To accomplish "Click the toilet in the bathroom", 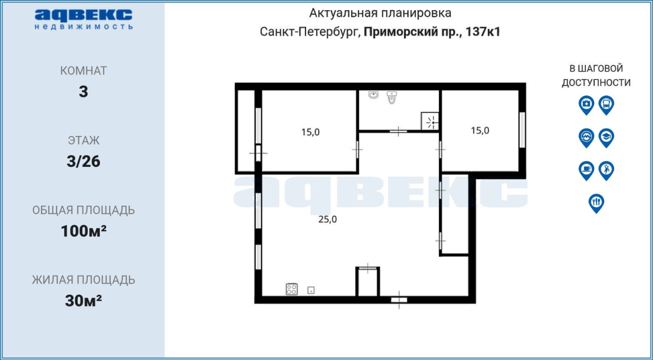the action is click(x=392, y=97).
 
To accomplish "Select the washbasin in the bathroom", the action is click(x=373, y=95).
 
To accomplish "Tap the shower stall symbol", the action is click(x=430, y=121).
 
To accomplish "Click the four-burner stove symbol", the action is click(x=292, y=289).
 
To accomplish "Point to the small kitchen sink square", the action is click(x=311, y=290).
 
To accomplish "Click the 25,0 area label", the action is click(x=328, y=219).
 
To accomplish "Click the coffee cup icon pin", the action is click(x=587, y=171).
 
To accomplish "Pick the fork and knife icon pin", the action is click(x=596, y=203).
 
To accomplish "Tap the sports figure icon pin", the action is click(x=607, y=171).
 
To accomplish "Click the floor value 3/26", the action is click(x=83, y=161).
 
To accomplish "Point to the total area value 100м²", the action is click(x=84, y=231).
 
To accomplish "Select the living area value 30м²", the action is click(x=83, y=300).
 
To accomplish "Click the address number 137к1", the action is click(x=483, y=32).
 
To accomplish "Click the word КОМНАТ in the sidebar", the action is click(x=83, y=71).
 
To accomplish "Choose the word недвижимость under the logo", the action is click(x=84, y=27).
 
